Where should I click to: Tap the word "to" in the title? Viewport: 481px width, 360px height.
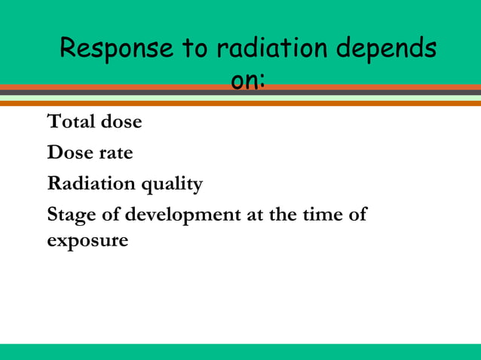pos(194,50)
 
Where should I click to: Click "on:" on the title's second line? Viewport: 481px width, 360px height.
pos(247,79)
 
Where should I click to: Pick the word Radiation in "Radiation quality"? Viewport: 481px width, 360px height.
pos(91,184)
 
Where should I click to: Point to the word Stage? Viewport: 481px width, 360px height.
pos(69,215)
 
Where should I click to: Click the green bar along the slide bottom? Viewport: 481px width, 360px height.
pos(240,352)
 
